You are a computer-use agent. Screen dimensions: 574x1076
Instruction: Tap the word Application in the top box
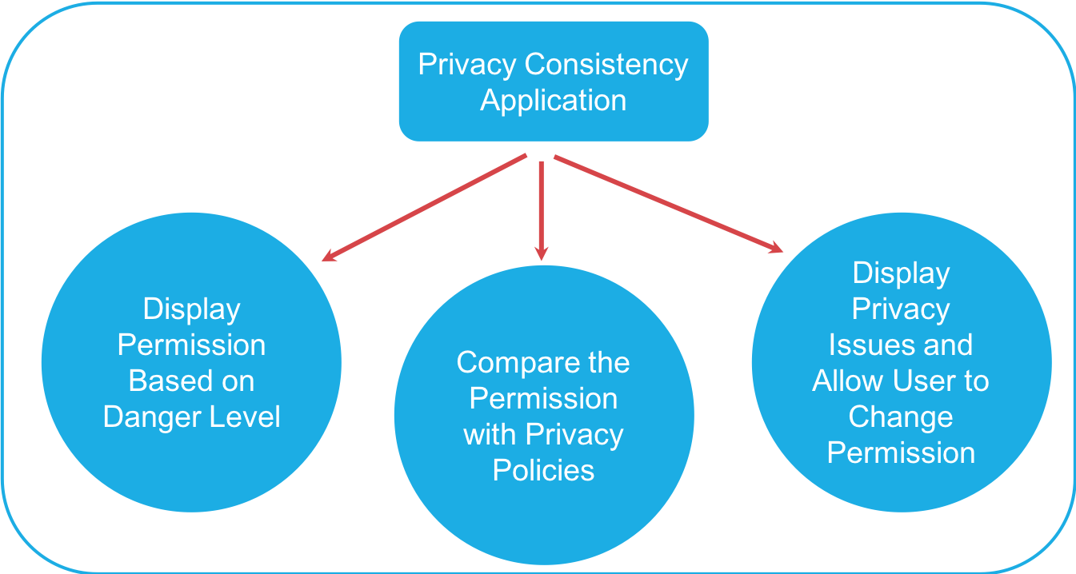(x=553, y=101)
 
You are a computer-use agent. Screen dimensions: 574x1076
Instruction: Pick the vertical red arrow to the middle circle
(x=542, y=208)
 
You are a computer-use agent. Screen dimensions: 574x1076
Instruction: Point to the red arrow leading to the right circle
(x=668, y=205)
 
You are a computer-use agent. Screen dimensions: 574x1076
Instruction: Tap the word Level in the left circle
(x=244, y=417)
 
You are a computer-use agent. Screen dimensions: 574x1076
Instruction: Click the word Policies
(x=543, y=470)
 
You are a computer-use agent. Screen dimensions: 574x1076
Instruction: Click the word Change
(x=900, y=417)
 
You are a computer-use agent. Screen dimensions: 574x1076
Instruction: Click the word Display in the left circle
(x=191, y=309)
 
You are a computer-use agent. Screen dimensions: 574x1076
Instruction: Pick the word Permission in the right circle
(x=901, y=452)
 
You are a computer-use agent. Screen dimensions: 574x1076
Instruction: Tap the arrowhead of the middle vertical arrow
(x=542, y=253)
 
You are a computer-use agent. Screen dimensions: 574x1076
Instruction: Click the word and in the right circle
(x=948, y=345)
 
